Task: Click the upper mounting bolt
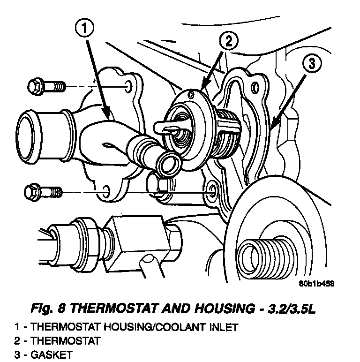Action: point(46,87)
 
